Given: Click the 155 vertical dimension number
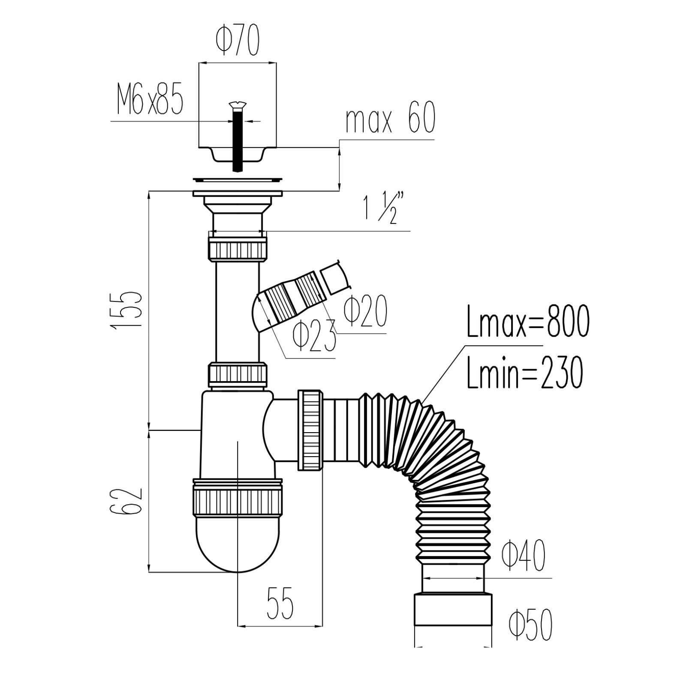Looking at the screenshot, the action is [x=126, y=310].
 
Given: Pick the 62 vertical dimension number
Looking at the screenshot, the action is [x=126, y=501].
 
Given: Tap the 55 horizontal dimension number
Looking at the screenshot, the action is [x=280, y=603].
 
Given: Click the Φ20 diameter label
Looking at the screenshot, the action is [x=366, y=310].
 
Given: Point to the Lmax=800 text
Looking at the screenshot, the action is [x=528, y=322].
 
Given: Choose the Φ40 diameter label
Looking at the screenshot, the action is [x=524, y=555].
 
